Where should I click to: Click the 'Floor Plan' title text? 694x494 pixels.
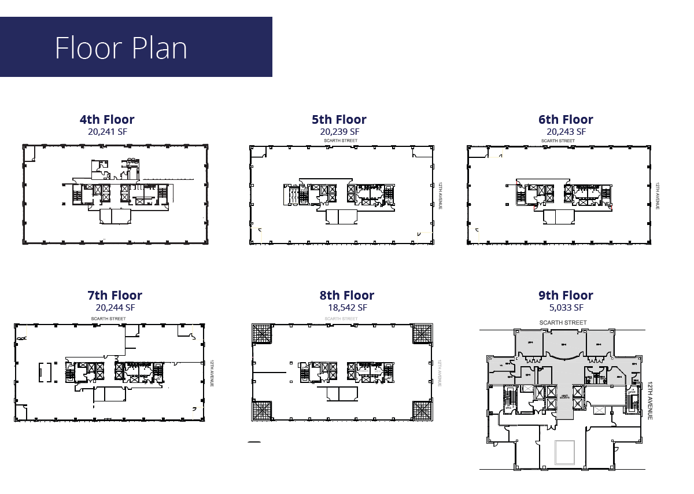pos(121,47)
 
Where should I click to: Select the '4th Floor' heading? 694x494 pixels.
pos(107,120)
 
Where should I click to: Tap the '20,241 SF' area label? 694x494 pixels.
pos(107,132)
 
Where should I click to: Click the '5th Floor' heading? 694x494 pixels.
pos(339,120)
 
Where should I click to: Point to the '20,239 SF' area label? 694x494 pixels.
pos(339,132)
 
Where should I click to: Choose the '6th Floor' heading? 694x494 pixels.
pos(566,120)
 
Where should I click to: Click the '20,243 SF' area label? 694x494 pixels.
pos(566,132)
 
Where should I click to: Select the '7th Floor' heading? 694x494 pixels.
pos(115,296)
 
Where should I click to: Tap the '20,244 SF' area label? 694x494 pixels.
pos(115,308)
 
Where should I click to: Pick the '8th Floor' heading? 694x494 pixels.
pos(347,296)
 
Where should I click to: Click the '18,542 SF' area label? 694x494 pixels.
pos(347,308)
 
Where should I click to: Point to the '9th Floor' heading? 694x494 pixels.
pos(566,296)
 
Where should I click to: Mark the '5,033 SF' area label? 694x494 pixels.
pos(566,308)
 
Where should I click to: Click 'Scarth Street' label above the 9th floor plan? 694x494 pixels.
pos(563,323)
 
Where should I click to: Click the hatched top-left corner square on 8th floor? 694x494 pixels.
pos(262,334)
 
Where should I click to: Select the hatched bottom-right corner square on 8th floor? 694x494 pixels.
pos(422,410)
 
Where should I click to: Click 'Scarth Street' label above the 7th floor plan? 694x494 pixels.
pos(108,319)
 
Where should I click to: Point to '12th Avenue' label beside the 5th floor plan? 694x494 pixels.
pos(440,196)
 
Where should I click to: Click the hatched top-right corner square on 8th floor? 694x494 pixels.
pos(422,334)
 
